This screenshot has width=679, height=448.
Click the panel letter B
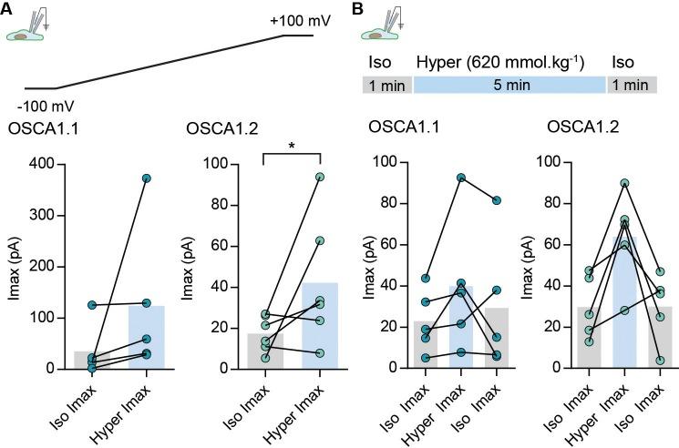pyautogui.click(x=358, y=9)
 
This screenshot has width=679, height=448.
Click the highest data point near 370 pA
pyautogui.click(x=147, y=178)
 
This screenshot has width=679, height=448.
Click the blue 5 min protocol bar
pyautogui.click(x=509, y=85)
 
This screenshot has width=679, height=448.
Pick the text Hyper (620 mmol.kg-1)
pyautogui.click(x=499, y=63)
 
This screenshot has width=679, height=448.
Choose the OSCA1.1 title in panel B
pyautogui.click(x=403, y=130)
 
